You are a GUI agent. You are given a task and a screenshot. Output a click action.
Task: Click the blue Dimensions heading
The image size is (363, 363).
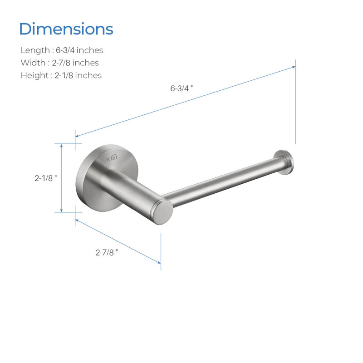coord(66,29)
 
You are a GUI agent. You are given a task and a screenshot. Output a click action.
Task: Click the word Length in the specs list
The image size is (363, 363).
coord(35,50)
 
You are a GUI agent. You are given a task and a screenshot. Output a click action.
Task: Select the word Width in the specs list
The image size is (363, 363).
coord(33,63)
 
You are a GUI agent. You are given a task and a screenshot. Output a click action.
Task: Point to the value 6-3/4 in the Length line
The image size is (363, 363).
coord(65,50)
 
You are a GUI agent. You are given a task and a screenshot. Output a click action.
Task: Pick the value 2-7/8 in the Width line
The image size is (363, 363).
coord(61,63)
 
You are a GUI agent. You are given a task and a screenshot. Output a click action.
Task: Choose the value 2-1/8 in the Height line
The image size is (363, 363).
coord(64,75)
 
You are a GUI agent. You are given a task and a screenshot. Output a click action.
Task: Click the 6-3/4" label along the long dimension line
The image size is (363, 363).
coord(181,88)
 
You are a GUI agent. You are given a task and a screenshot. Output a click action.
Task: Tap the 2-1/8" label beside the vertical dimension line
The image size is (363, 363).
coord(46,178)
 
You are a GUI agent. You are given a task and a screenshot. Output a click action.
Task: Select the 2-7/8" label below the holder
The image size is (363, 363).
coord(107,252)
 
